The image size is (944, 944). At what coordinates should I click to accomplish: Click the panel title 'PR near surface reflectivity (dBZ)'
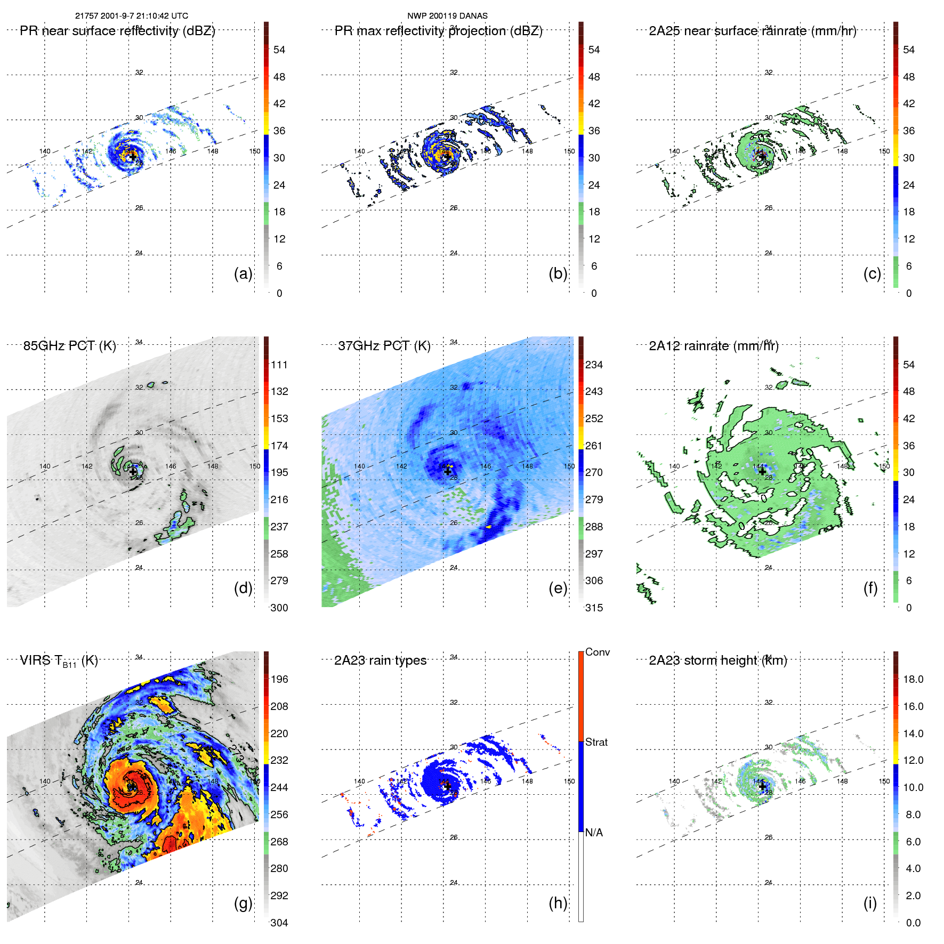pos(117,31)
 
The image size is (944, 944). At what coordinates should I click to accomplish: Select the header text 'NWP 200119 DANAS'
pos(447,16)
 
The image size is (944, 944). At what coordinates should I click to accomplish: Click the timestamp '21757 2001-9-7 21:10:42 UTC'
pos(131,16)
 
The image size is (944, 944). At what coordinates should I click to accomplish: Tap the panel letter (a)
pos(243,273)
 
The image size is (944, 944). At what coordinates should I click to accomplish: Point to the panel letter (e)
pos(558,588)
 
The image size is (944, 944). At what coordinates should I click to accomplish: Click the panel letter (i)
pos(870,902)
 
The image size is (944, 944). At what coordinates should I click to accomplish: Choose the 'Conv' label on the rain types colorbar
pos(597,652)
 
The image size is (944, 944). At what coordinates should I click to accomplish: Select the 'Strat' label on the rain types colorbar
pos(596,742)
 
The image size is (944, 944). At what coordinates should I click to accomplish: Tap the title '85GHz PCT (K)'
pos(69,346)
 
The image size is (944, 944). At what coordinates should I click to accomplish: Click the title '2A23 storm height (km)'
pos(717,660)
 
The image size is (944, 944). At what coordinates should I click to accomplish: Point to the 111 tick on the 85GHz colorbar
pos(279,365)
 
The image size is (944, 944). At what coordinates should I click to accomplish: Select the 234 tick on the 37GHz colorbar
pos(594,365)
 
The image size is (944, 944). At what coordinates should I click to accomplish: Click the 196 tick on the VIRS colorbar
pos(279,679)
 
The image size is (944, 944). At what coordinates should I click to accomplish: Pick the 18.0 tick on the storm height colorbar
pos(913,679)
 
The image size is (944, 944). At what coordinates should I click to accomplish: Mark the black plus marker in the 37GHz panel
pos(448,471)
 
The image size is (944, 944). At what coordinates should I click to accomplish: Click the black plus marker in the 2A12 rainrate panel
pos(762,471)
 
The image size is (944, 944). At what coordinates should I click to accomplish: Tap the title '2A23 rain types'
pos(380,660)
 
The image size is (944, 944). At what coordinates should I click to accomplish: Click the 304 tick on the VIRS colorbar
pos(279,923)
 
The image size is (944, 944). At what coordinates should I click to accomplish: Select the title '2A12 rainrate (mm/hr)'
pos(713,346)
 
